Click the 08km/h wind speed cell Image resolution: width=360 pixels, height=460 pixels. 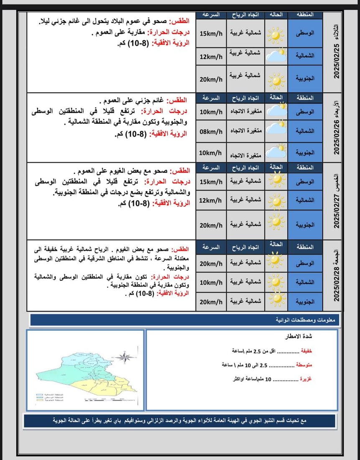211,132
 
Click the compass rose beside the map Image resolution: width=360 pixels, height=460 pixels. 125,358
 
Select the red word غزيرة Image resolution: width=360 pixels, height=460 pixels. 307,379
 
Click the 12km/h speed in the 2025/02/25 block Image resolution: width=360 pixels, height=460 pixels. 211,57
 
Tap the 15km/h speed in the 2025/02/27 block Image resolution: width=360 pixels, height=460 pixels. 211,181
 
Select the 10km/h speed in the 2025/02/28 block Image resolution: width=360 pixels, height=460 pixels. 211,283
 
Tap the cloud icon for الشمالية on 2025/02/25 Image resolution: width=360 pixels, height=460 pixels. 276,55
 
